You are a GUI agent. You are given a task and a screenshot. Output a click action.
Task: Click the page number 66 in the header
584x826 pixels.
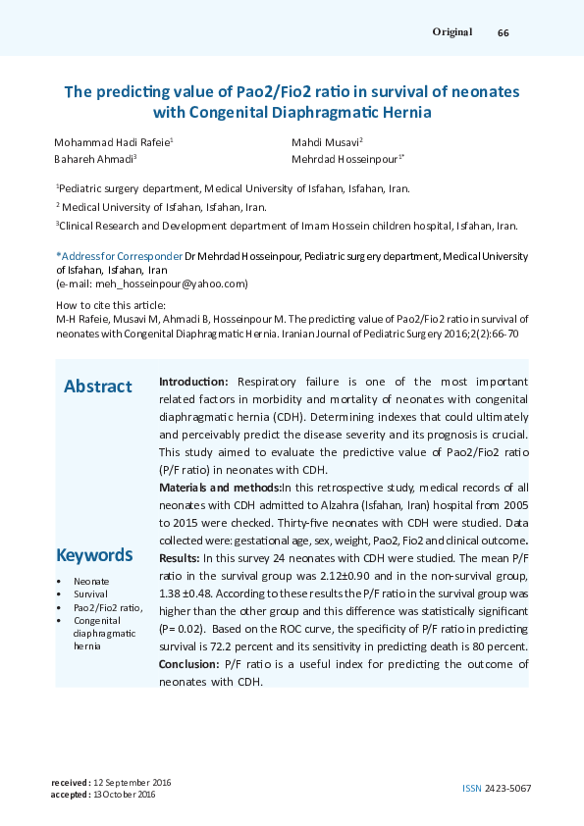503,32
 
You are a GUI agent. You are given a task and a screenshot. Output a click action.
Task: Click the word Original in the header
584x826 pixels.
452,32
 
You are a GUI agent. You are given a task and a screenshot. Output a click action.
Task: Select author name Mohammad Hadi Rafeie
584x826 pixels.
112,142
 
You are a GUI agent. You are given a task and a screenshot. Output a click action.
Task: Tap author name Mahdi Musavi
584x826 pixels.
326,142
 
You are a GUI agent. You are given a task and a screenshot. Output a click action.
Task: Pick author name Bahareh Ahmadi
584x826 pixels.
94,159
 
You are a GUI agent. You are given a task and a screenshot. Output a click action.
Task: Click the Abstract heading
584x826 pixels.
97,387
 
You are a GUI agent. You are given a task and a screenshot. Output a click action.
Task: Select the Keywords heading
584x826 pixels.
94,555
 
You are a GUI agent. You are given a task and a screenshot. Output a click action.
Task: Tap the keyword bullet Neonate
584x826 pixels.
91,582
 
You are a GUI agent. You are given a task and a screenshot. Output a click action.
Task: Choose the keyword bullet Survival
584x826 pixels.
90,594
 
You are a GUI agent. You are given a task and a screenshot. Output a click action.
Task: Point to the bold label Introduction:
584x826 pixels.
194,381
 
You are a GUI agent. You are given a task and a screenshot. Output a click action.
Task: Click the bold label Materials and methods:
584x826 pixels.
220,487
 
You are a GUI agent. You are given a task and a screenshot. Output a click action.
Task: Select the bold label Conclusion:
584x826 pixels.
188,664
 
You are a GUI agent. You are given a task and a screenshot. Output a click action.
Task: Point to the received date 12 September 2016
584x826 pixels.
132,782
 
